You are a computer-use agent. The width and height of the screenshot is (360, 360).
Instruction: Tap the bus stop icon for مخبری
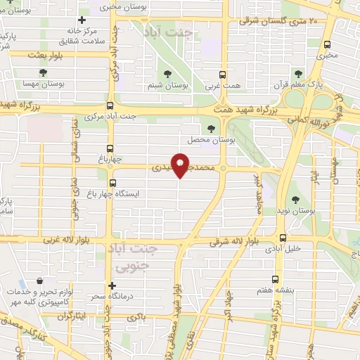pos(328,41)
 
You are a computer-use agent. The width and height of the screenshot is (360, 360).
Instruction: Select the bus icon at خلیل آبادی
pos(283,237)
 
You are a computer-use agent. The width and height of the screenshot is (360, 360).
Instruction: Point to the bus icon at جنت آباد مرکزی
pos(108,104)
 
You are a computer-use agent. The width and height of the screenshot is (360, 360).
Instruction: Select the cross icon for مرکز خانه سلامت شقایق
pos(82,21)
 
